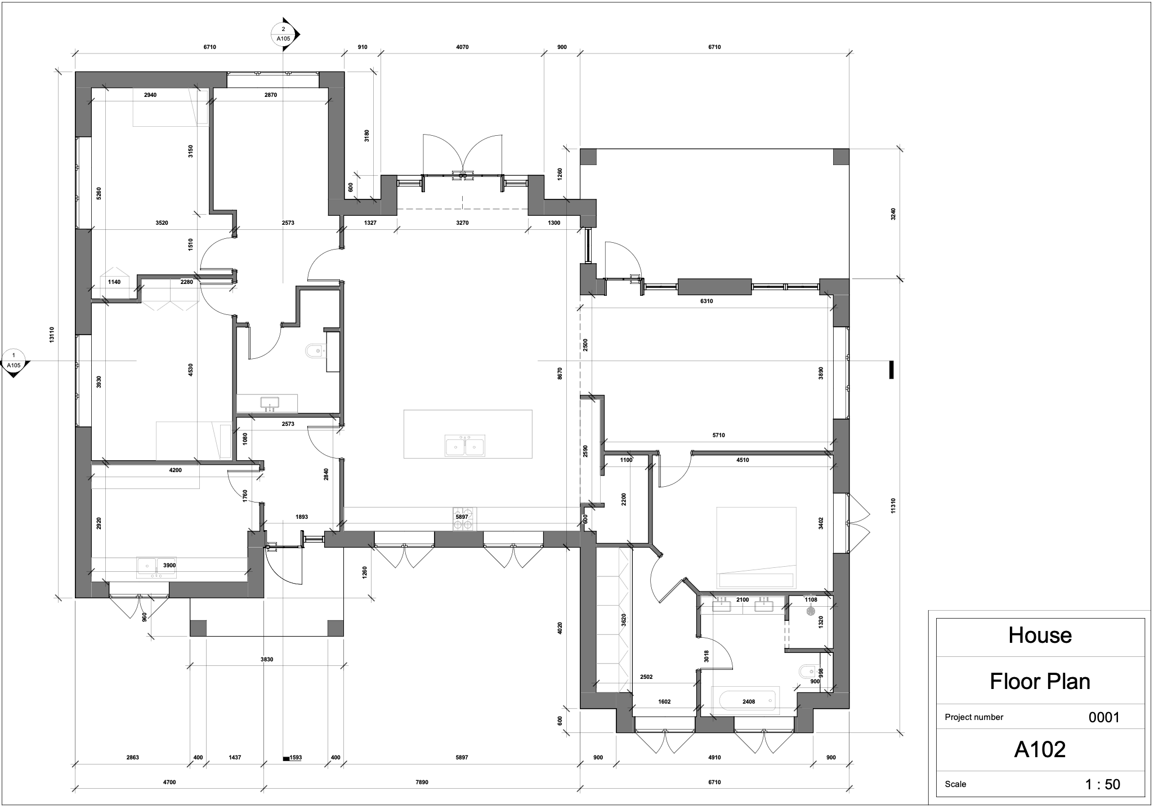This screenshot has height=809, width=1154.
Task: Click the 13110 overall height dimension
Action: tap(52, 335)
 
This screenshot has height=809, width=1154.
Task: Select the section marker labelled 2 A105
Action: tap(283, 34)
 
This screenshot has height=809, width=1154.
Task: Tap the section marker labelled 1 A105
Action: tap(14, 361)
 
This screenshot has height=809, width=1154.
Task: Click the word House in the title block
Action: tap(1040, 635)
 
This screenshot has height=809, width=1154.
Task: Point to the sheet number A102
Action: tap(1040, 749)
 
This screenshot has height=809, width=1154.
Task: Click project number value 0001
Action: tap(1104, 717)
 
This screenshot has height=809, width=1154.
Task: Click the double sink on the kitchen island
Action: tap(465, 446)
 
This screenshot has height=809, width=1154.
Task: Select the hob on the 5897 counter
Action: tap(464, 518)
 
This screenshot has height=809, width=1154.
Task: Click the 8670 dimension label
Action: tap(560, 374)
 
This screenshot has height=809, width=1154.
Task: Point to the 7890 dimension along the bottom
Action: tap(422, 782)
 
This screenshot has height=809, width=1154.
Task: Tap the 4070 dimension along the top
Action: tap(462, 47)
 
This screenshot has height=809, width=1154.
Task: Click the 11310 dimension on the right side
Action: tap(893, 505)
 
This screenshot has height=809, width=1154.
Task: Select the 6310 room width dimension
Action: tap(706, 301)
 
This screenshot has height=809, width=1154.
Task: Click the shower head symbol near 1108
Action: tap(811, 611)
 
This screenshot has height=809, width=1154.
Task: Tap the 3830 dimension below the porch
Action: tap(267, 659)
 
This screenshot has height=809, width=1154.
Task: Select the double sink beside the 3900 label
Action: tap(155, 567)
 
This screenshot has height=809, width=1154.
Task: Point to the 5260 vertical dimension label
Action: tap(99, 194)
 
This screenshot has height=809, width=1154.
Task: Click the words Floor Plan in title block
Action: tap(1040, 682)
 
